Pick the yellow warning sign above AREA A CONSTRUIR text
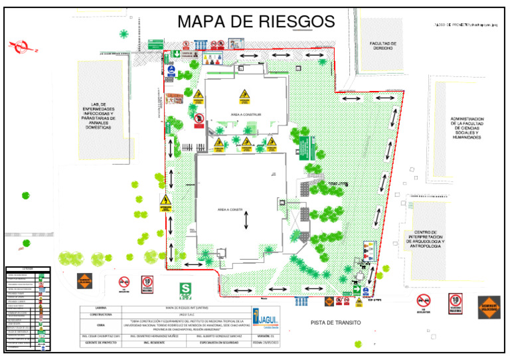[246, 97]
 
